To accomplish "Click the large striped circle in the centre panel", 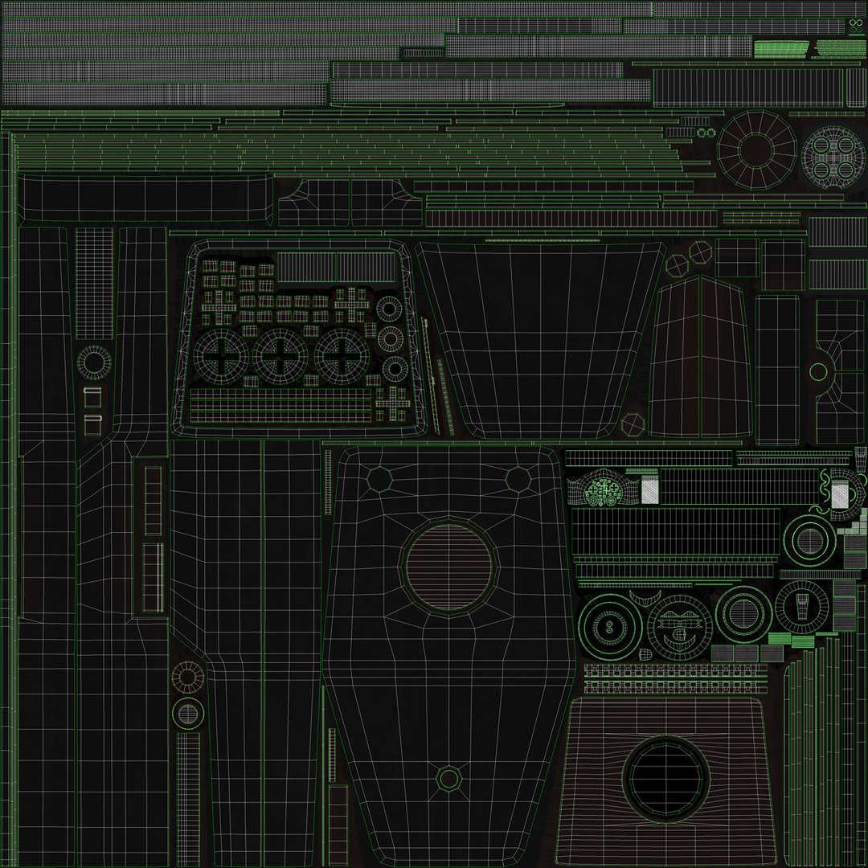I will coord(448,567).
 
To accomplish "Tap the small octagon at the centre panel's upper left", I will coord(379,479).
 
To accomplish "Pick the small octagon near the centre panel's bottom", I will coord(448,778).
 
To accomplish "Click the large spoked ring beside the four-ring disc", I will coord(756,149).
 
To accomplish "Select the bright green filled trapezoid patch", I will coord(780,50).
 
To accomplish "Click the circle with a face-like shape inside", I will coord(680,628).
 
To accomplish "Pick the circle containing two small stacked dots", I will coord(609,626).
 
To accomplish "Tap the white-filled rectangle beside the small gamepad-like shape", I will coord(649,489).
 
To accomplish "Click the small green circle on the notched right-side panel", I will coord(818,371).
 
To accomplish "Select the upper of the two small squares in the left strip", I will coord(92,397).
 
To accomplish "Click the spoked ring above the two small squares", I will coord(95,362).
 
